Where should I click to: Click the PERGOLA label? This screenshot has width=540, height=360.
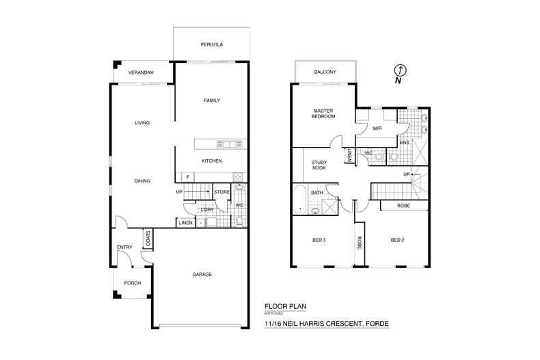tap(212, 45)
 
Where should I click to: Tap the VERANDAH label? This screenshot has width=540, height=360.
tap(141, 72)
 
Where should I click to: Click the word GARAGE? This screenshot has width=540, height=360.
tap(202, 274)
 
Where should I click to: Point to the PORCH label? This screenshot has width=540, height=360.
tap(132, 283)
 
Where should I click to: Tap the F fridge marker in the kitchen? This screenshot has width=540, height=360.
tap(188, 177)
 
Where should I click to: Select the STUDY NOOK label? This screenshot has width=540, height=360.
tap(319, 165)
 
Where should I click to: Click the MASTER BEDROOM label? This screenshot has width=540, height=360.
tap(323, 113)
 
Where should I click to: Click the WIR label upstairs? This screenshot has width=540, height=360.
tap(377, 128)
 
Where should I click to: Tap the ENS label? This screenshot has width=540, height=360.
tap(405, 143)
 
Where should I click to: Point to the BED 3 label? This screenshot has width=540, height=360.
tap(319, 240)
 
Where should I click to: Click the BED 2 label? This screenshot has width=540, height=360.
tap(397, 240)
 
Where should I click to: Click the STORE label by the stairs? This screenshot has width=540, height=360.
tap(222, 192)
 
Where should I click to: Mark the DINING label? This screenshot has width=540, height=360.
tap(142, 181)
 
